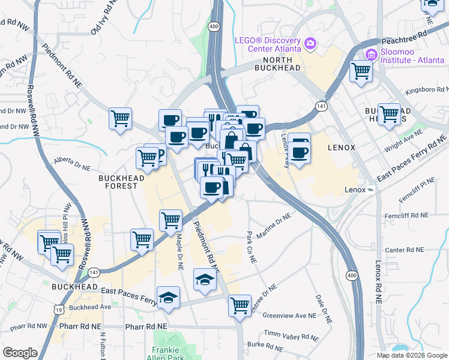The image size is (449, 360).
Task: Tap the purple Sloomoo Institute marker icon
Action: click(x=372, y=55)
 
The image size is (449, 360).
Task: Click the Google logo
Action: click(x=20, y=353)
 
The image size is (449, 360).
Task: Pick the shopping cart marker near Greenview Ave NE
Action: click(x=240, y=305)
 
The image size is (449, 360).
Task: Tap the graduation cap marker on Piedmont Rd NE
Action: click(x=205, y=279)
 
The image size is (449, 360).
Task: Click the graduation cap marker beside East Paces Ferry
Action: click(x=168, y=297)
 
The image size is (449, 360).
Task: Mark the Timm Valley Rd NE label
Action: click(x=289, y=334)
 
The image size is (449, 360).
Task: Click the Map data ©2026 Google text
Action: click(x=411, y=355)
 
